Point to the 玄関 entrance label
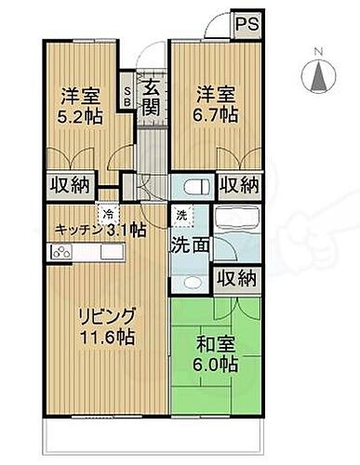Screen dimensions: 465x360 [151, 95]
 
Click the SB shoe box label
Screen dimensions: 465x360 [127, 95]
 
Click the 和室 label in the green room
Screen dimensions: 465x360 [212, 342]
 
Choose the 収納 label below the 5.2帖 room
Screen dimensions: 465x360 [69, 184]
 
